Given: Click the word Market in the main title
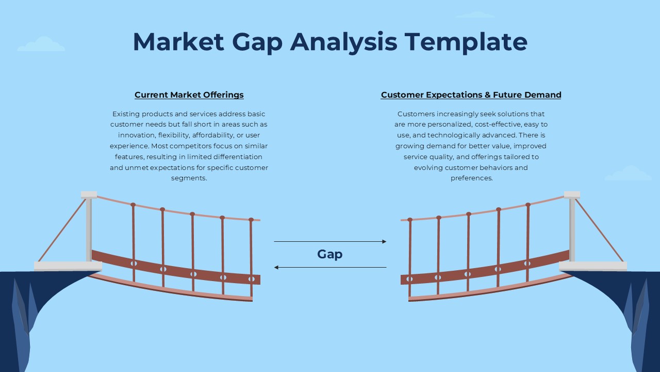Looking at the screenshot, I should click(178, 42).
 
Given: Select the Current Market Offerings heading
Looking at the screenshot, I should click(189, 95).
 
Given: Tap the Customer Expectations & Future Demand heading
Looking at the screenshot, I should click(471, 95).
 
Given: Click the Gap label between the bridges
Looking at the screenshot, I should click(330, 254).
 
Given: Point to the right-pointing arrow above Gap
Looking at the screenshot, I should click(330, 241).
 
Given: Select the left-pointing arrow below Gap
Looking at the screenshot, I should click(330, 267).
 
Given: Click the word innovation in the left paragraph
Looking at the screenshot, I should click(137, 135).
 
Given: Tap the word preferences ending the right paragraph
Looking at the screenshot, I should click(471, 178).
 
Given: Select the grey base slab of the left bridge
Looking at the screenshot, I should click(68, 266).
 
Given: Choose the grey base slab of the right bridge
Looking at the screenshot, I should click(593, 266).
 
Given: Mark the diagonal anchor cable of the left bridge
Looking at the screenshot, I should click(62, 230).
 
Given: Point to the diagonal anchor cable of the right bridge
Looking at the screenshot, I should click(599, 230).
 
